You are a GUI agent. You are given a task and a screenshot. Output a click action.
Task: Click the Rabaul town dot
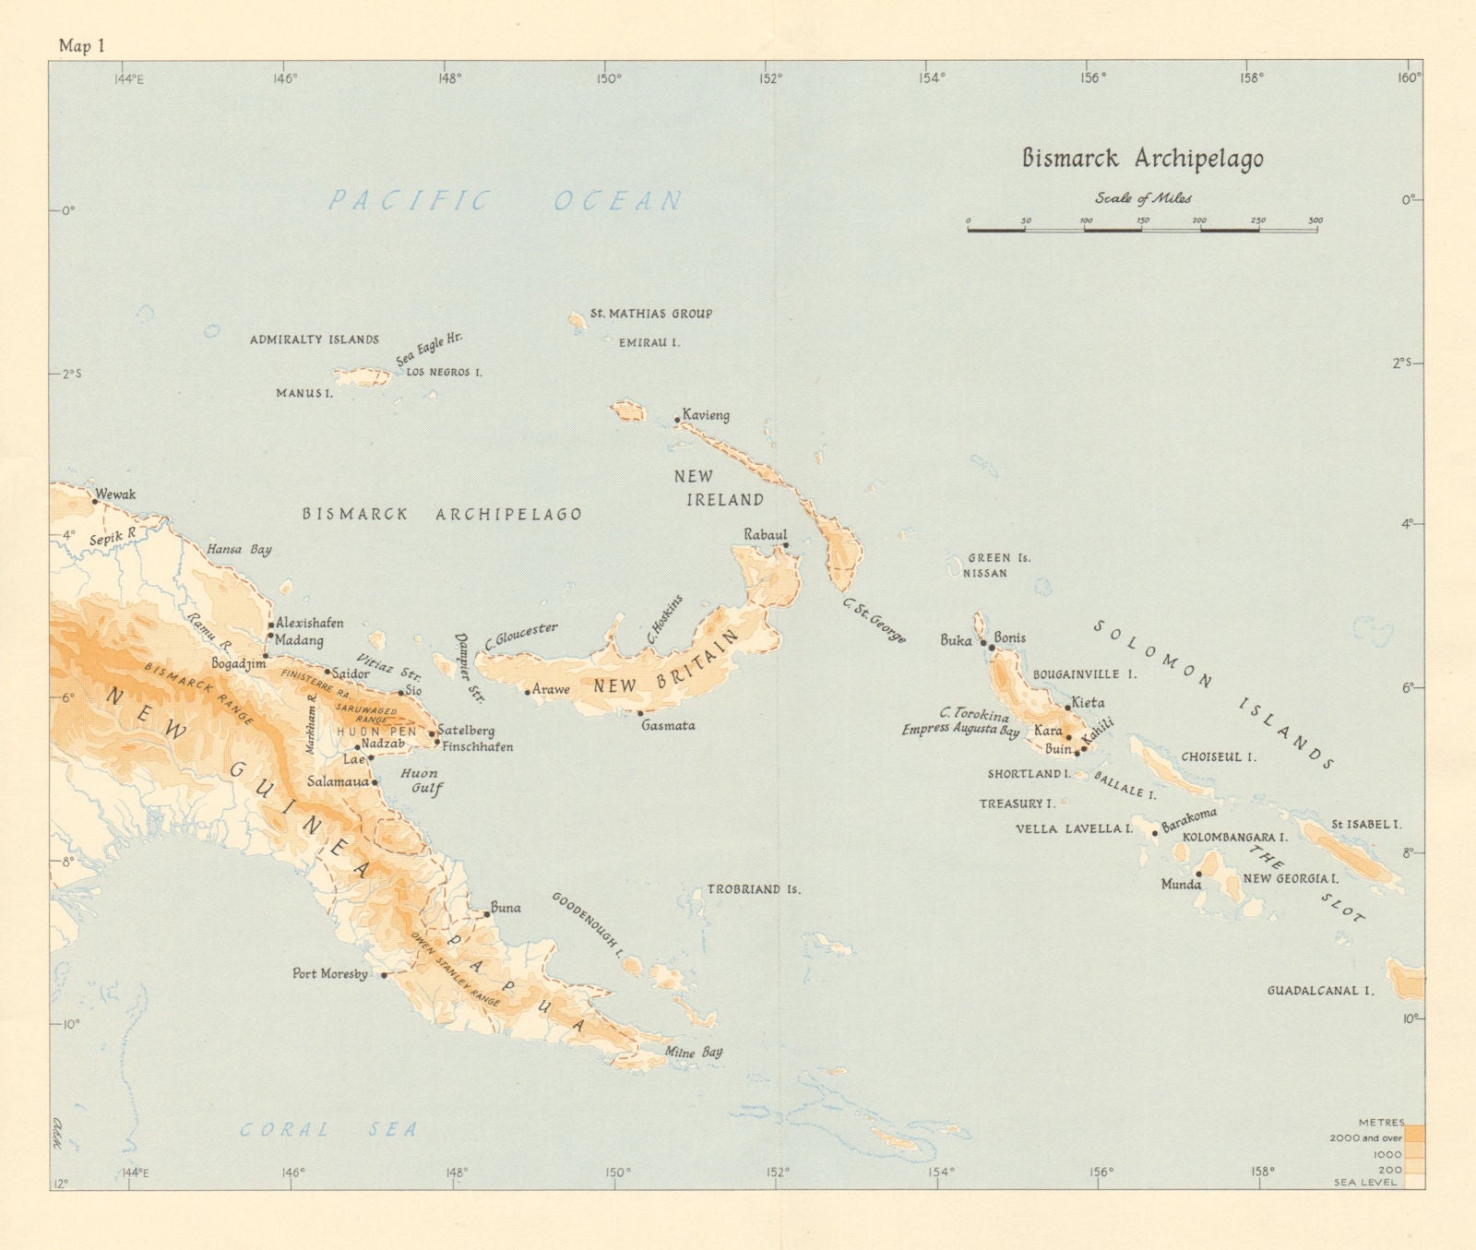tap(786, 545)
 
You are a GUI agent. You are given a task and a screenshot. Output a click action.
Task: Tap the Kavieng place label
tap(707, 415)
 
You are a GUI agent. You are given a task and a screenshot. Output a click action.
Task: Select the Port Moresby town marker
tap(385, 974)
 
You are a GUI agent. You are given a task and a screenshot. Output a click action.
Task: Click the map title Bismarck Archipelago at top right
tap(1142, 159)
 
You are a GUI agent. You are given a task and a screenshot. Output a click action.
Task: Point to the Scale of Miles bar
tap(1142, 228)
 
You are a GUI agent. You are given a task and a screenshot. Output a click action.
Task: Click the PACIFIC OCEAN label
tap(506, 200)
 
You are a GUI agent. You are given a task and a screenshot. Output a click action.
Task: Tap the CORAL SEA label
tap(328, 1129)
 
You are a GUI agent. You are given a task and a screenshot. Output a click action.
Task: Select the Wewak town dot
tap(95, 502)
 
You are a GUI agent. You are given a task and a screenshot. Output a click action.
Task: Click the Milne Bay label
tap(694, 1052)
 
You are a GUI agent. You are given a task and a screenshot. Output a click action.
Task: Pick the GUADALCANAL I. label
tap(1320, 991)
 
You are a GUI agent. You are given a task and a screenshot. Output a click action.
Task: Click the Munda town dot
tap(1198, 874)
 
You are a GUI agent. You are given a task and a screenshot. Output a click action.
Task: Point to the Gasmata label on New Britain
tap(668, 726)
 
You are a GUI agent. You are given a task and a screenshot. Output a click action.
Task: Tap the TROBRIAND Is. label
tap(754, 890)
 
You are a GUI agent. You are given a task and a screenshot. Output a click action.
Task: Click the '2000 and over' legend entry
tap(1365, 1137)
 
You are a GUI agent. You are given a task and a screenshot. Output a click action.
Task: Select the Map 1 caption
tap(81, 46)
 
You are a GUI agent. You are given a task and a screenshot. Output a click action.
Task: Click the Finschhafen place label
tap(477, 746)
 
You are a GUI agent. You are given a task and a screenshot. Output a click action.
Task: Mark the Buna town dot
tap(487, 914)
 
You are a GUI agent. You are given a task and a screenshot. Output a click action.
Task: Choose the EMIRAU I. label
tap(649, 342)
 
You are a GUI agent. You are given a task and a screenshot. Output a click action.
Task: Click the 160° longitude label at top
tap(1408, 78)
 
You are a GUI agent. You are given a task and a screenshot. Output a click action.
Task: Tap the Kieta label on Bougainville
tap(1088, 703)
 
